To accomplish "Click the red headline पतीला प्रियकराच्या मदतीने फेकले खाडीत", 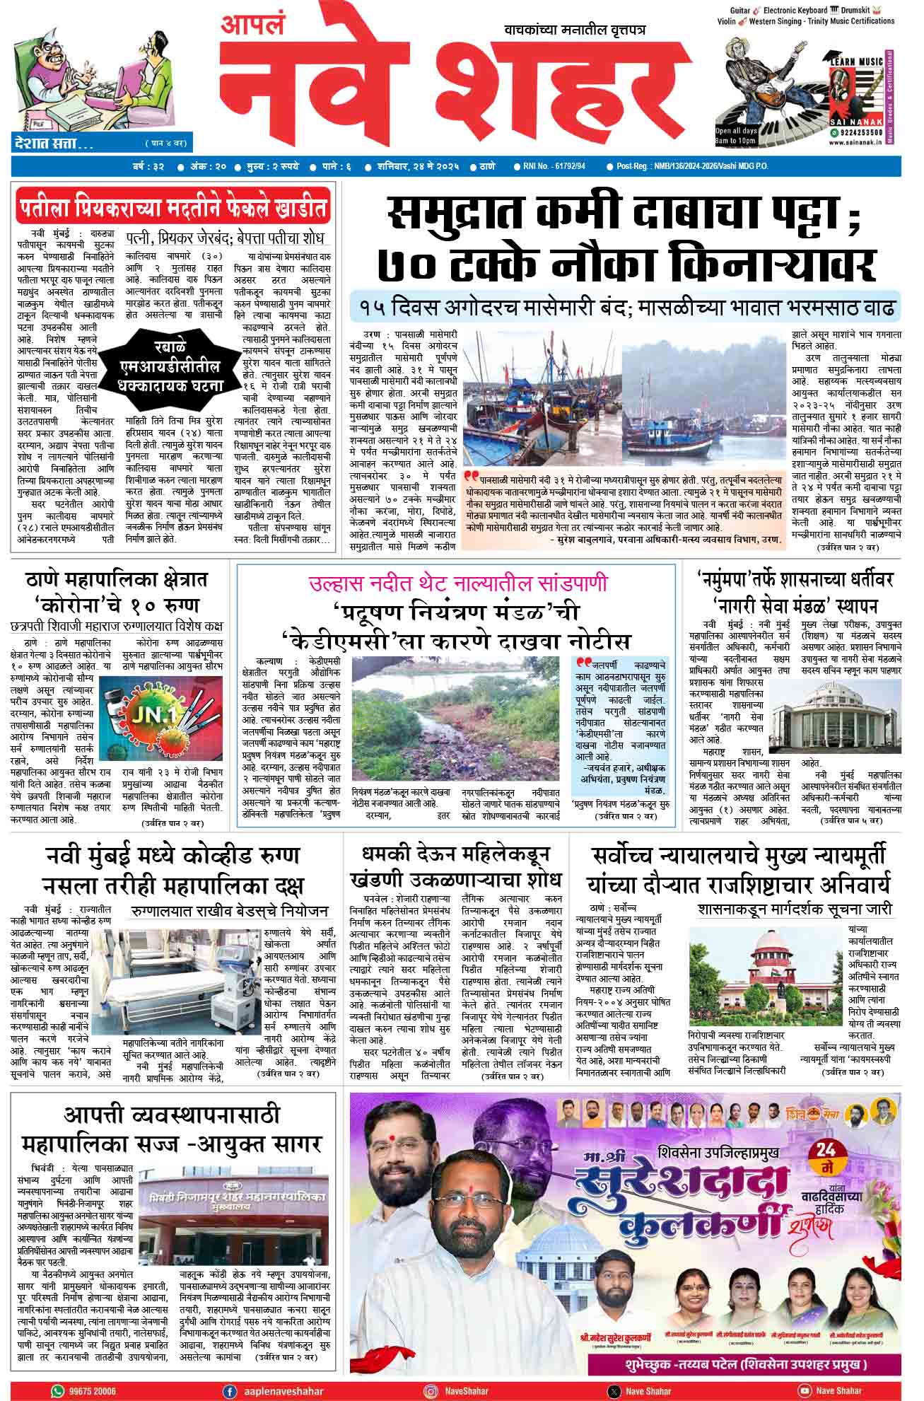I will pos(173,210).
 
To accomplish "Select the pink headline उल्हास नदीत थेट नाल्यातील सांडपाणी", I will pos(457,584).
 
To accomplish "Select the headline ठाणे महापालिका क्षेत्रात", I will pos(116,580).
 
